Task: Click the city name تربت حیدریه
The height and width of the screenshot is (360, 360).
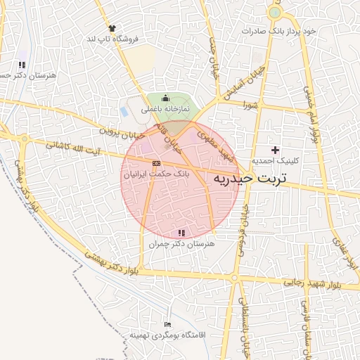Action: [251, 179]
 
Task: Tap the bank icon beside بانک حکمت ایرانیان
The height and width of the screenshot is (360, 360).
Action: [155, 163]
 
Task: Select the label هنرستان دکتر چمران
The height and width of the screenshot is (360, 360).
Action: [181, 243]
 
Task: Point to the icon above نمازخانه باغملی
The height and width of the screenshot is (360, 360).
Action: [165, 98]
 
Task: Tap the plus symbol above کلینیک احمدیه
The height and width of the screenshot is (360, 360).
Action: [275, 150]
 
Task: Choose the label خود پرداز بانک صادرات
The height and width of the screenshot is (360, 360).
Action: [279, 32]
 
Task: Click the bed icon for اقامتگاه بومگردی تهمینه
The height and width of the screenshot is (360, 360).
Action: [167, 324]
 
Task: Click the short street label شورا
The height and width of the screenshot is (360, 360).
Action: [252, 105]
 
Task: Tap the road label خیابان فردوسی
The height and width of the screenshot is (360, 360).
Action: [243, 229]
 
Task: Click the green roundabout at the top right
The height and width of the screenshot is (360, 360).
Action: [274, 12]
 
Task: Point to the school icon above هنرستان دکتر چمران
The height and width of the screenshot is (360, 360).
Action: [181, 232]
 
